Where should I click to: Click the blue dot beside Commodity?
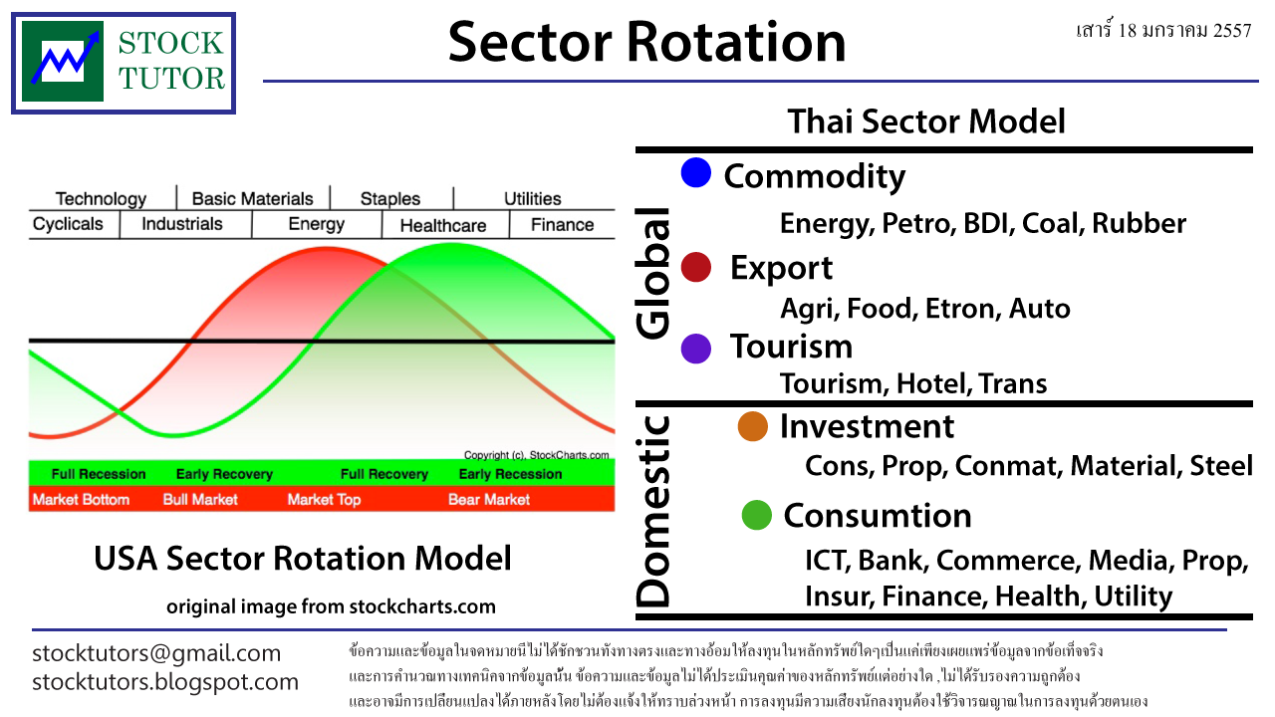695,173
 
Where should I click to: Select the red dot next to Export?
695,267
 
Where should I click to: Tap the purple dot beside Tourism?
695,348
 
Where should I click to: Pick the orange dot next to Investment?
752,426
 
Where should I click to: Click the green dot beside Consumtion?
757,515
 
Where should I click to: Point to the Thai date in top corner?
1163,30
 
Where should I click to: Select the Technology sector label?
101,198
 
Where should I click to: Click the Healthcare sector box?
443,225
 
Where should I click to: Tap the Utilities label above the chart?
532,198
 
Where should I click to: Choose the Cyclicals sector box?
68,224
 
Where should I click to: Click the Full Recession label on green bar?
99,474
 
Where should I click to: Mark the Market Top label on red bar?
324,499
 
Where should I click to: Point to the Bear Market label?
489,499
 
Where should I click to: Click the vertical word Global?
653,274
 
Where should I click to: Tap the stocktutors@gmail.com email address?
156,653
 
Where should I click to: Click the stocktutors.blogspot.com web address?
165,682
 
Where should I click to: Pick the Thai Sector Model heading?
926,121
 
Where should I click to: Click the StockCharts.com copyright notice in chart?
536,453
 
